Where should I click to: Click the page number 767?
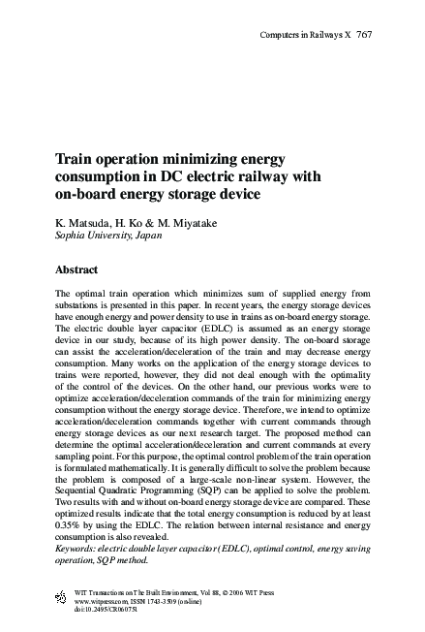[x=365, y=35]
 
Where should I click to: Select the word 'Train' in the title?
[x=73, y=158]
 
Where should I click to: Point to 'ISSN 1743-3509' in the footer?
[x=162, y=601]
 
